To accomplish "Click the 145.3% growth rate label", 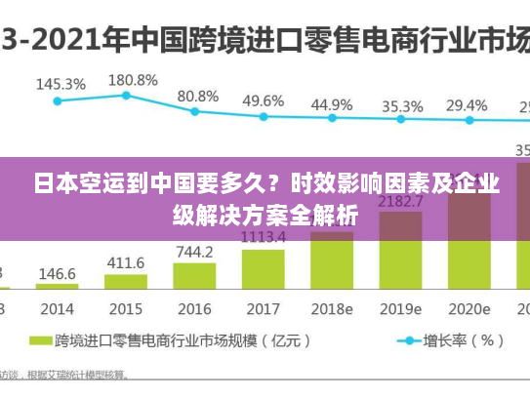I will tap(61, 84).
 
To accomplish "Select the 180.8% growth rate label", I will tap(133, 79).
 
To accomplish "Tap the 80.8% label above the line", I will tap(198, 96).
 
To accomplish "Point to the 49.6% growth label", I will tap(264, 100).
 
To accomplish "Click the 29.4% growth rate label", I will tap(467, 105).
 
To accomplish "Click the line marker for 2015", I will tap(126, 95).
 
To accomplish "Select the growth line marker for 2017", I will tap(264, 116).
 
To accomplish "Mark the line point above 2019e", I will tap(399, 120).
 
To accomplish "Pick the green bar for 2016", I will tap(194, 274).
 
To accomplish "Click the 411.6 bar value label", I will tap(125, 263).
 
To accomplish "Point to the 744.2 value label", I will tap(194, 252).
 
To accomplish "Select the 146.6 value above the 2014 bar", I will tap(58, 275).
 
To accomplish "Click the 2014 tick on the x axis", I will tap(57, 308).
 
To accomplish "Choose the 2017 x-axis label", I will tap(263, 308).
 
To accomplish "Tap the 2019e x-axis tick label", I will tap(399, 308).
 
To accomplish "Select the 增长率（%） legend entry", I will tap(450, 341).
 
